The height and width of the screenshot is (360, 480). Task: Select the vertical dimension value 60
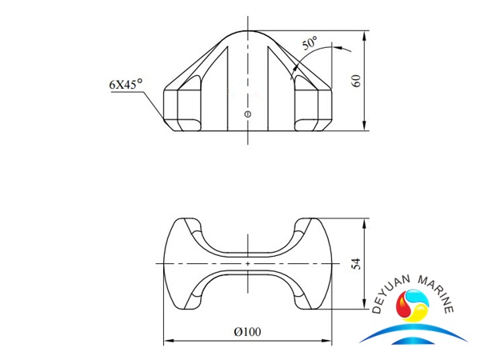tap(358, 80)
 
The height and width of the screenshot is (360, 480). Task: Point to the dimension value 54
tap(358, 264)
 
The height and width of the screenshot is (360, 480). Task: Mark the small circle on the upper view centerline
tap(247, 114)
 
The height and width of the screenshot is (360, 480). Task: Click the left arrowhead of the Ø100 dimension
tap(167, 341)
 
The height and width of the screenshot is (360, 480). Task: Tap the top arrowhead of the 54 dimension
tap(366, 221)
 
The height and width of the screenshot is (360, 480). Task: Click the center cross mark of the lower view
tap(247, 264)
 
